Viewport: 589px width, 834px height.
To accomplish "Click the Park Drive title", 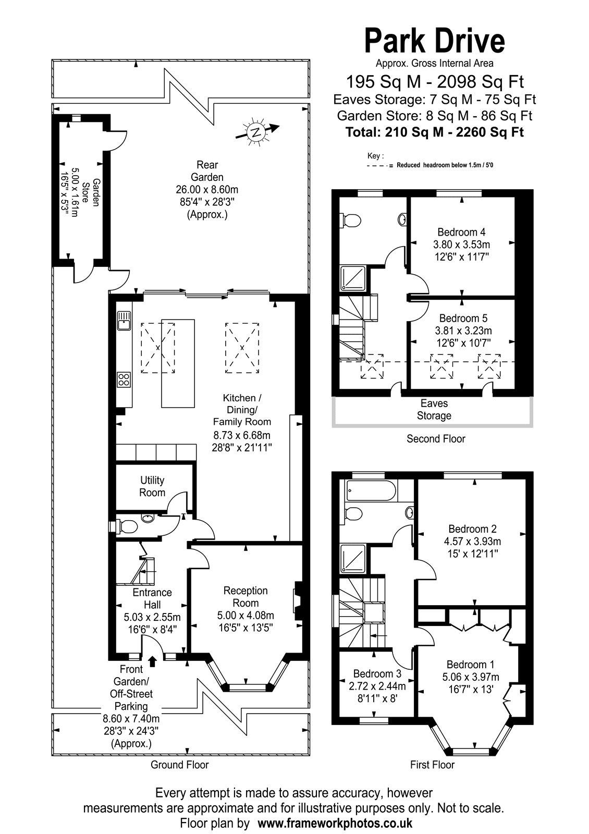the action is [x=435, y=41].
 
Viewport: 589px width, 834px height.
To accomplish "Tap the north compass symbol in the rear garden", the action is [x=257, y=131].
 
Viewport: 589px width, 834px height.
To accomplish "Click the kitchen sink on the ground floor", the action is [x=124, y=321].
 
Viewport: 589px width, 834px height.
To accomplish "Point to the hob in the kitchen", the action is [x=124, y=379].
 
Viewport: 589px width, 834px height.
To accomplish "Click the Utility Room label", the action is [x=152, y=486].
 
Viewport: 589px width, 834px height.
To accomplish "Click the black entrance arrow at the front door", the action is [x=152, y=660].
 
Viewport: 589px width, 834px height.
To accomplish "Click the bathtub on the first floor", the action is [x=371, y=490].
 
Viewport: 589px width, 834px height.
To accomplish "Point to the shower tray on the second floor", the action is [x=354, y=278].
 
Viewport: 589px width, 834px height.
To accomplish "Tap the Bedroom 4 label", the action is [x=461, y=232].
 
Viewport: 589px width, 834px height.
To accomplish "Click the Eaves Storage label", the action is [x=434, y=409].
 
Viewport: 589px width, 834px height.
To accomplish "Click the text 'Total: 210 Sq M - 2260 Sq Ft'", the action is [x=435, y=132].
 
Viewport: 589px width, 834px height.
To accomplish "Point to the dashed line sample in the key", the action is [x=380, y=166].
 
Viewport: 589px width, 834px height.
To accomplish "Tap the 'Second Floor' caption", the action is [x=436, y=438].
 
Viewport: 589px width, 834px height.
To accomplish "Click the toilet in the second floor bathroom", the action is [x=350, y=220].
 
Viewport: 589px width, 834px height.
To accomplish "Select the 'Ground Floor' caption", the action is [x=179, y=765].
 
